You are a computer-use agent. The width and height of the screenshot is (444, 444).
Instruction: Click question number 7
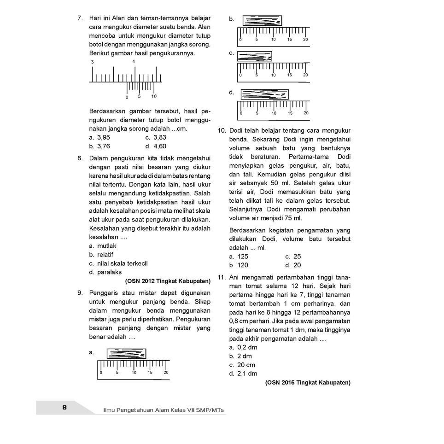pos(80,18)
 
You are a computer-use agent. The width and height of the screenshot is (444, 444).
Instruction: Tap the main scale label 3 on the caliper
pos(92,62)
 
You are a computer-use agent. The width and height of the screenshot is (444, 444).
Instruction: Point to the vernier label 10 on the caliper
pos(154,97)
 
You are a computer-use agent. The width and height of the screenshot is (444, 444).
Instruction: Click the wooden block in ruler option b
pos(262,21)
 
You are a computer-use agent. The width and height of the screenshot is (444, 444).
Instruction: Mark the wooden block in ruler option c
pos(254,56)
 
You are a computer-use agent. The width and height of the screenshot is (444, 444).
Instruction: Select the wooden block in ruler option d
pos(264,94)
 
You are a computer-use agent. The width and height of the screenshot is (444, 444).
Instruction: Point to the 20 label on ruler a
pos(166,372)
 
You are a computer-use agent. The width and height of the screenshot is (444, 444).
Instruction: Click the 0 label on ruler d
pos(240,113)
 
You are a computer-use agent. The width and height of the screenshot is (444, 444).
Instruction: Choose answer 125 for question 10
pos(243,257)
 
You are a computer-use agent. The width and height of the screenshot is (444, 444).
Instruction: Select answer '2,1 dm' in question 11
pos(246,374)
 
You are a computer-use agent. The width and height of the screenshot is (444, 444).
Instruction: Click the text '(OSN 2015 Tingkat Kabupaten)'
pos(308,382)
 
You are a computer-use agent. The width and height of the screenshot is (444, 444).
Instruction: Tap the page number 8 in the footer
pos(64,408)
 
